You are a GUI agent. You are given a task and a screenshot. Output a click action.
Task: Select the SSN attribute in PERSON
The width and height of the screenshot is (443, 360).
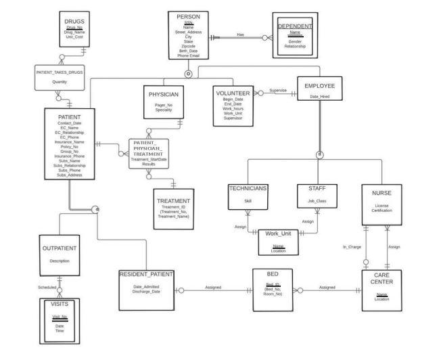click(x=189, y=22)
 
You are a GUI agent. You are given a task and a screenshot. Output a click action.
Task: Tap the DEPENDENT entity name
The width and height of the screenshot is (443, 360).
click(x=295, y=26)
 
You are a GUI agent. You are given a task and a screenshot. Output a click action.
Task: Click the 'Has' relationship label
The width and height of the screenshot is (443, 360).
click(x=240, y=35)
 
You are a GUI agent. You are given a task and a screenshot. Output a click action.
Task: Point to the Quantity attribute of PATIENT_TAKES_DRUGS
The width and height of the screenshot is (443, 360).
click(x=60, y=82)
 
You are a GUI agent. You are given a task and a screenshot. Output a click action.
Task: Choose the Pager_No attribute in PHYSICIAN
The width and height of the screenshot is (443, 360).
click(x=164, y=105)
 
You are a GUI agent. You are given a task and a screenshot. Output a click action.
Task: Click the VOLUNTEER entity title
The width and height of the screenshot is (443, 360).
click(x=233, y=93)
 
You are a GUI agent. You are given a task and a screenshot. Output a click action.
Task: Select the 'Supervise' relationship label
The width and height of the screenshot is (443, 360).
click(x=278, y=90)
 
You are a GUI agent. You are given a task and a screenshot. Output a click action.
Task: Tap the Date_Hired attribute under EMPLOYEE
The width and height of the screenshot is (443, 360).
click(x=320, y=97)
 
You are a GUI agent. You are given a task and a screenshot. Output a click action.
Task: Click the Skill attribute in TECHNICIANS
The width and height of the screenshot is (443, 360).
click(x=248, y=201)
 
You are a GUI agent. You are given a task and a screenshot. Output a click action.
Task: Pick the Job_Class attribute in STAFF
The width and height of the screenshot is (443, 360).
click(x=317, y=201)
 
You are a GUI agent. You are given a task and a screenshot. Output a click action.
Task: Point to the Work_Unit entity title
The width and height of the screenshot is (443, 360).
click(x=278, y=233)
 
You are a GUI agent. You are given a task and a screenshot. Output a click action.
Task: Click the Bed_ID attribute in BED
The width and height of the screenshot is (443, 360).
click(x=273, y=284)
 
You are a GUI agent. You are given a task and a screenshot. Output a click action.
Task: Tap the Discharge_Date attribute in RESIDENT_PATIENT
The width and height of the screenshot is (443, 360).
click(x=147, y=292)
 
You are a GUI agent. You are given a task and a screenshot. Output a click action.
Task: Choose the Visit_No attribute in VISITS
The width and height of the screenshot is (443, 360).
click(x=60, y=317)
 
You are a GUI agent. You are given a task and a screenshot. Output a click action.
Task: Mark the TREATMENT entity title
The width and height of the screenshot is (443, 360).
click(x=173, y=201)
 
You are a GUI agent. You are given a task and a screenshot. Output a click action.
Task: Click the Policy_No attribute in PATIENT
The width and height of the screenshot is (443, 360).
click(x=70, y=146)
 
